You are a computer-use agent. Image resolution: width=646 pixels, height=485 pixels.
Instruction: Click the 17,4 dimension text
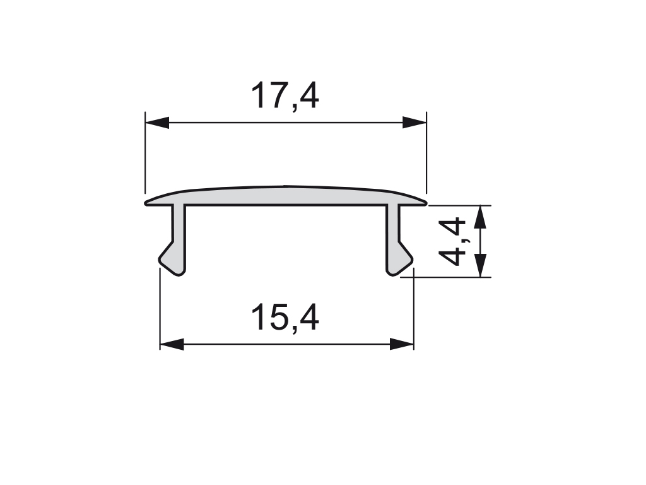pyautogui.click(x=285, y=95)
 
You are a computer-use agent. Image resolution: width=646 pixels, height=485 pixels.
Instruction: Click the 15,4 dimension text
pyautogui.click(x=285, y=317)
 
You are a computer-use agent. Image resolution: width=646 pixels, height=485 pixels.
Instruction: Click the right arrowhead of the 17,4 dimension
pyautogui.click(x=414, y=123)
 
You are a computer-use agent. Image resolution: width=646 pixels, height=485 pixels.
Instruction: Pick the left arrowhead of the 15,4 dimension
pyautogui.click(x=172, y=344)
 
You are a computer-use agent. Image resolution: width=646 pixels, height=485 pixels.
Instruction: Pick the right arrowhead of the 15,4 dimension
pyautogui.click(x=402, y=344)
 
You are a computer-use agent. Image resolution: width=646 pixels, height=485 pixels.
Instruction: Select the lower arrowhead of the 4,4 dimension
pyautogui.click(x=481, y=265)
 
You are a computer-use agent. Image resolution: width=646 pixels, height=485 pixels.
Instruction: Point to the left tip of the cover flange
pyautogui.click(x=148, y=202)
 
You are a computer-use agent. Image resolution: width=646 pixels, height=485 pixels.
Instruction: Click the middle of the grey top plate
pyautogui.click(x=285, y=196)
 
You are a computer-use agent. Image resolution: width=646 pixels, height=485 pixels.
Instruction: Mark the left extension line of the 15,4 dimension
pyautogui.click(x=160, y=309)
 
